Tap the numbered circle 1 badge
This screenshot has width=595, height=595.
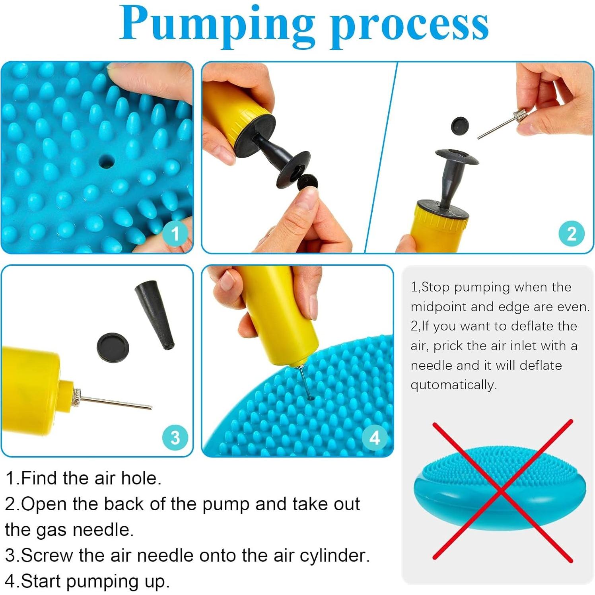175,233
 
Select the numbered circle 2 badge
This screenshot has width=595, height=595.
572,233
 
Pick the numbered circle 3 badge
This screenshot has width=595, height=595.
175,437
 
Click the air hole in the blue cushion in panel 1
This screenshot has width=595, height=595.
106,162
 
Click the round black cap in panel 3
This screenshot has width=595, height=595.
113,347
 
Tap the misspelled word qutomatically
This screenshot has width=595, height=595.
453,385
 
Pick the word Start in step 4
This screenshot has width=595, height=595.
41,581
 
